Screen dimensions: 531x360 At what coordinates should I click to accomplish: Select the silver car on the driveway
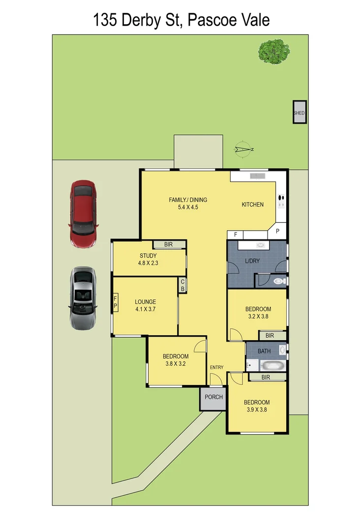point(83,298)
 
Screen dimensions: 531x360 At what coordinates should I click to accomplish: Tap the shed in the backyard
point(299,113)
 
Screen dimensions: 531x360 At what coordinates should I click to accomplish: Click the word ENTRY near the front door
point(216,367)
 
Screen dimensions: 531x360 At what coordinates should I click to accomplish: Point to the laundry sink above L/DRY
point(260,245)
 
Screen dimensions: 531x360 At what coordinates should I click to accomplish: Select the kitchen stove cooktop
point(282,199)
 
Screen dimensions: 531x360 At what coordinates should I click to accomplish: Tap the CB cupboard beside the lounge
point(182,285)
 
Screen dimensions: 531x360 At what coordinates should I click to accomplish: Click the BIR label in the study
point(168,244)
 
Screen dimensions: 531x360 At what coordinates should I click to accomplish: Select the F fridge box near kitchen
point(236,235)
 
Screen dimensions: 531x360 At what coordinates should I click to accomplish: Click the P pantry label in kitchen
point(277,231)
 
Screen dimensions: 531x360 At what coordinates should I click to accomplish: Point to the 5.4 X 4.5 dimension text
point(188,207)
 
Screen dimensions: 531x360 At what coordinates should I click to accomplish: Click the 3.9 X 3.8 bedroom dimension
point(256,409)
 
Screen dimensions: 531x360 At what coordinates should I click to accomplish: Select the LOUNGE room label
point(146,302)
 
